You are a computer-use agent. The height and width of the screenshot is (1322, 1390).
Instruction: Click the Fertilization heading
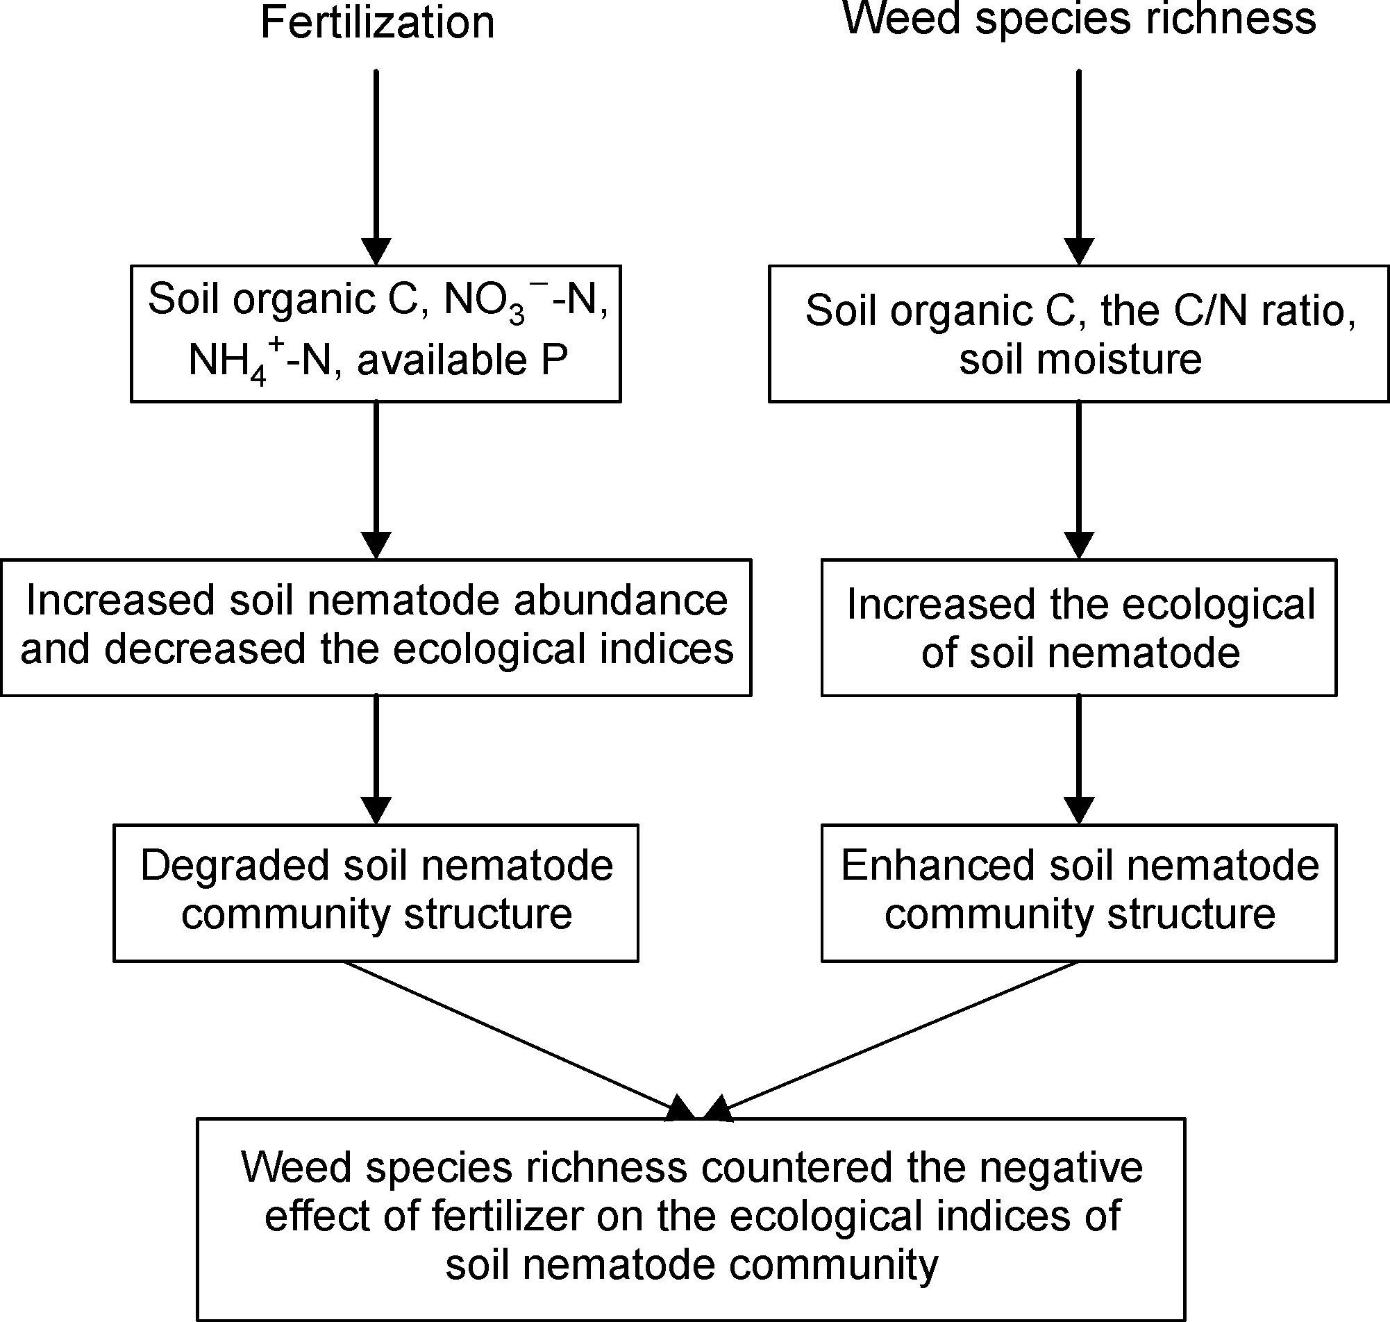pos(378,22)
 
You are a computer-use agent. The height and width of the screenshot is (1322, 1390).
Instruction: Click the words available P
pos(462,361)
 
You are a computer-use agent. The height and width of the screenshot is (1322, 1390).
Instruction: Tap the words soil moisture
pos(1080,360)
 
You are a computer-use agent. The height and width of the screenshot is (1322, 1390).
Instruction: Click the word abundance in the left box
pos(620,601)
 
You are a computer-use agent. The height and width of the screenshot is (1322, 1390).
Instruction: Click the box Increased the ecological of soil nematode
pos(1079,627)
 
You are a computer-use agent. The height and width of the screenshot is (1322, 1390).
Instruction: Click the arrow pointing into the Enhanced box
pos(1079,760)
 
